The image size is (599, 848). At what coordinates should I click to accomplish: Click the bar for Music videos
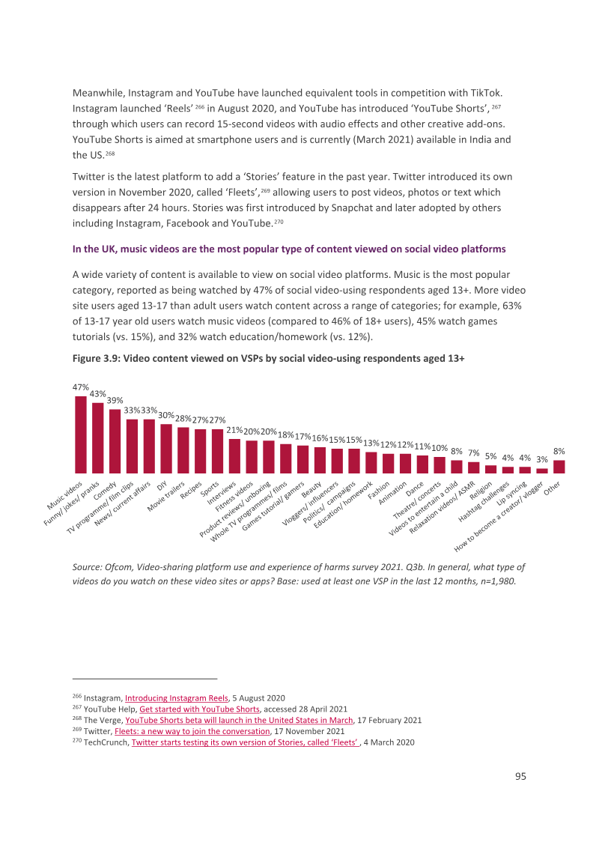tap(81, 434)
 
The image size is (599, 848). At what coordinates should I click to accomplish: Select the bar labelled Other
tap(559, 467)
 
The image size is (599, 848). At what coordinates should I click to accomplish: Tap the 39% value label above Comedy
tap(115, 401)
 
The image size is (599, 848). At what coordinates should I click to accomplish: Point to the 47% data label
tap(81, 387)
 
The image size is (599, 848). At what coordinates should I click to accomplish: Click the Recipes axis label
tap(192, 489)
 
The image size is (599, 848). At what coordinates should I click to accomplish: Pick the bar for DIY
tap(166, 449)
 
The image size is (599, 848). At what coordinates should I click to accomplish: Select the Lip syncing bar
tap(525, 470)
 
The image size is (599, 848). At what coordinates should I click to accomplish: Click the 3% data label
tap(541, 459)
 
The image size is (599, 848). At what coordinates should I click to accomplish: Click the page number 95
tap(520, 776)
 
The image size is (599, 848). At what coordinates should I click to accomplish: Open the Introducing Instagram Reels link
tap(177, 698)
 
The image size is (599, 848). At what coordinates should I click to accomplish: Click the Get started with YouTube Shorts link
tap(199, 709)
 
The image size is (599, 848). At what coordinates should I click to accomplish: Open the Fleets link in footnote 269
tap(192, 731)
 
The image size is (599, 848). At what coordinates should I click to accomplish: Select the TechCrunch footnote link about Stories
tap(246, 742)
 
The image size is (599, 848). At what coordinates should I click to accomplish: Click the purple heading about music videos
tap(289, 249)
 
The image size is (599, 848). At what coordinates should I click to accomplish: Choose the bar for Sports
tap(217, 452)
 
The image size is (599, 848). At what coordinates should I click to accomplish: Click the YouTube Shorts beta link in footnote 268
tap(239, 721)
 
